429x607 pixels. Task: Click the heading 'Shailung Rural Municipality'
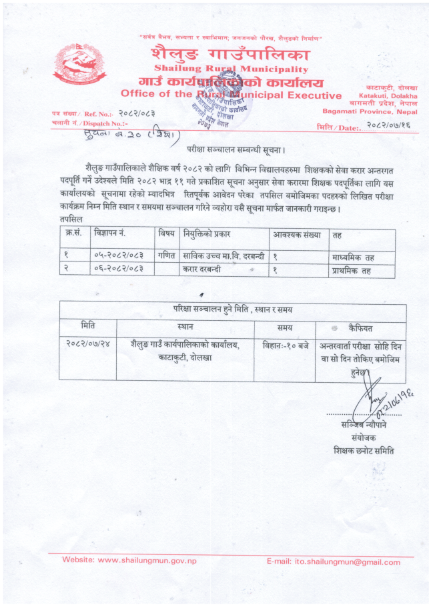(231, 69)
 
